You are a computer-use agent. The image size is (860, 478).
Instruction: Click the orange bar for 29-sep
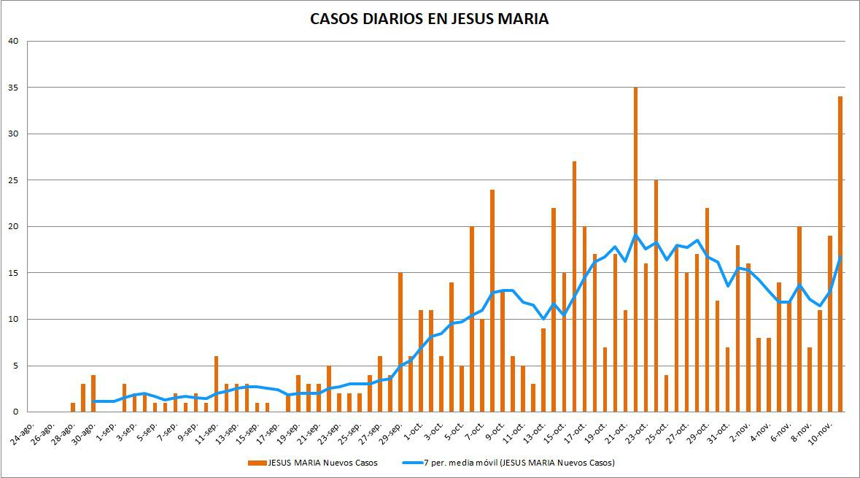coord(400,342)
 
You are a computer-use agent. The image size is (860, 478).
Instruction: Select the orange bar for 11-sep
coord(217,384)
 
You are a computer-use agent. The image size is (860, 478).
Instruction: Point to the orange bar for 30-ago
coord(93,393)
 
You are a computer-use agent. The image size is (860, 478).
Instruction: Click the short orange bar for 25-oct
coord(666,393)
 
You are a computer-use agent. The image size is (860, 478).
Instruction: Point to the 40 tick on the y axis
coord(13,41)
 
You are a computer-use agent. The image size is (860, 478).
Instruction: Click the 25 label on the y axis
coord(13,180)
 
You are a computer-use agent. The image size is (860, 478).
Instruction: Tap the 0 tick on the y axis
coord(15,412)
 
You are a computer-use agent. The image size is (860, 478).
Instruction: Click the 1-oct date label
coord(413,427)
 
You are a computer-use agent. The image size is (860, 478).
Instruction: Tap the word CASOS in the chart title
coord(333,19)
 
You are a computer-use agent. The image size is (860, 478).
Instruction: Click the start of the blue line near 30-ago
coord(94,401)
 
